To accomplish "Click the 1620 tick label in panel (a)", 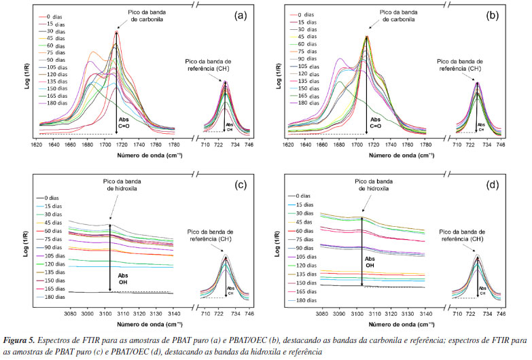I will tap(40, 145).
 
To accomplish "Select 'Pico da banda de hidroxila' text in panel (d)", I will tap(374, 185).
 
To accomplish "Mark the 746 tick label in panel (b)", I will tap(500, 145).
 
